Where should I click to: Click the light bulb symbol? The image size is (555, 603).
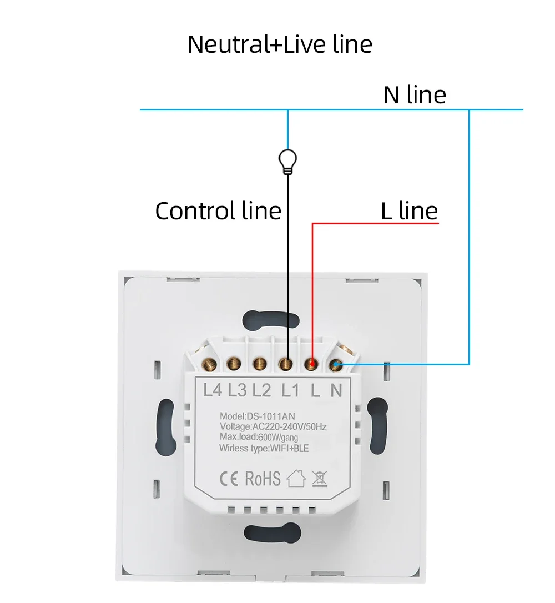287,160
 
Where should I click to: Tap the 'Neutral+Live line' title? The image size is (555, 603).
279,44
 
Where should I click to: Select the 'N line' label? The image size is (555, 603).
414,95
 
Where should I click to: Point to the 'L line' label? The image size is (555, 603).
409,211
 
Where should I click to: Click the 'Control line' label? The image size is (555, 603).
218,211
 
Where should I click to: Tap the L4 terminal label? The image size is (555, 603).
213,390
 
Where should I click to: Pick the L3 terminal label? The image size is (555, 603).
237,390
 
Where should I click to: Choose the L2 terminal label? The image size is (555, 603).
261,390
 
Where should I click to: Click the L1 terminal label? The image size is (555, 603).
289,390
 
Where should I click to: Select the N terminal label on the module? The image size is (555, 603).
336,390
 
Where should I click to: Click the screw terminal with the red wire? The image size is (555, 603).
312,364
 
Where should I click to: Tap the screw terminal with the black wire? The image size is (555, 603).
286,364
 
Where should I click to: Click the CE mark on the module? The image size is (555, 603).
229,478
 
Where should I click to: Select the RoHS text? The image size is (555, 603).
263,479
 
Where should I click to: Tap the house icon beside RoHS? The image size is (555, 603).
296,478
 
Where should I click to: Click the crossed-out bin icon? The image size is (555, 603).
319,478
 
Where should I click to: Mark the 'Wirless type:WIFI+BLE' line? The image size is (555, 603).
264,448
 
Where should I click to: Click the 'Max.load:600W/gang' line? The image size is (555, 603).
258,438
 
